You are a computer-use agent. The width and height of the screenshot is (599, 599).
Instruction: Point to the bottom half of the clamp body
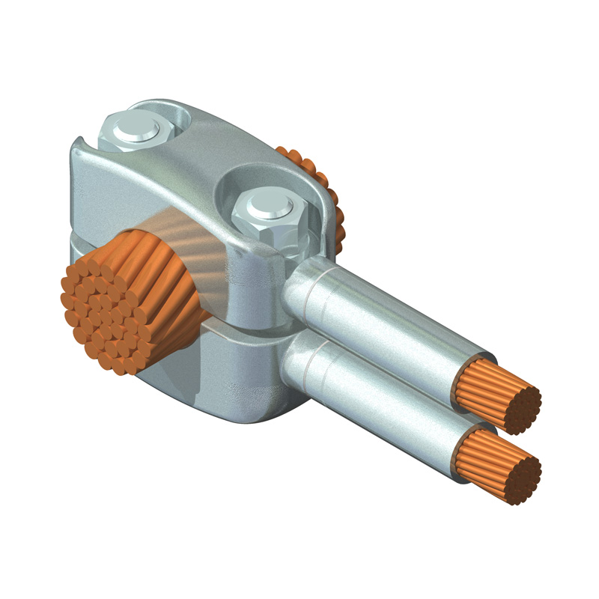pos(225,374)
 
